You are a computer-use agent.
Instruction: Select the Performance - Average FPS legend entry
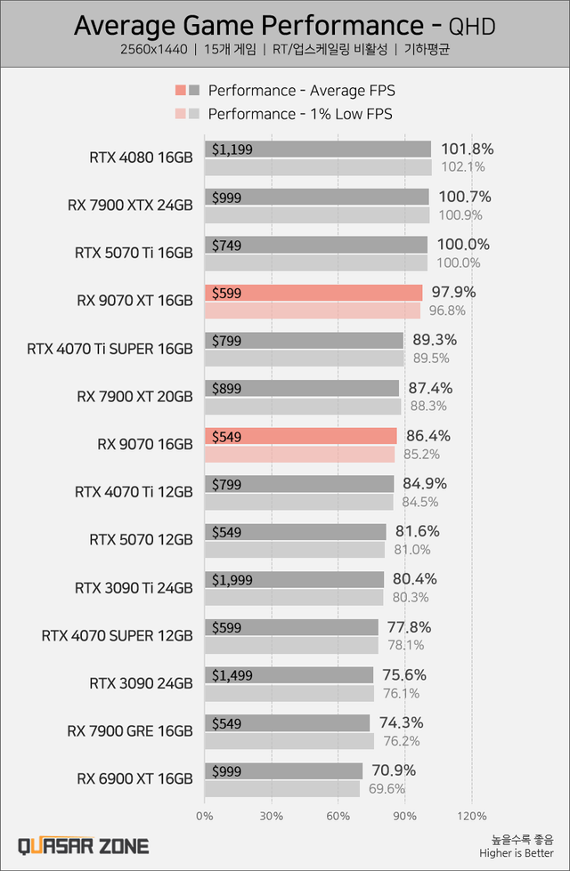pos(301,91)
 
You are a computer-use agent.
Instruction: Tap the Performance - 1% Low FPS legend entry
pos(299,114)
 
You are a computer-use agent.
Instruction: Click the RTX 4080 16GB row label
pos(141,158)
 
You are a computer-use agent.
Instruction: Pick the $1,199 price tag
pos(233,149)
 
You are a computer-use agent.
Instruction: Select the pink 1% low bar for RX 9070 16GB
pos(299,454)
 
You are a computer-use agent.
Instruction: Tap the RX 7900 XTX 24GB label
pos(130,206)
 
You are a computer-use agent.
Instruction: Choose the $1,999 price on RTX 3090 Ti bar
pos(233,580)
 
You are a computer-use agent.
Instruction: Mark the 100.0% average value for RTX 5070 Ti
pos(465,245)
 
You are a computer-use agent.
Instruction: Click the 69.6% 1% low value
pos(386,788)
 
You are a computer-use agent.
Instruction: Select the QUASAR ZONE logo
pos(84,846)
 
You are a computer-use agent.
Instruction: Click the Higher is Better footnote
pos(528,853)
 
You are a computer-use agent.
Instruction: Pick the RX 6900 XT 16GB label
pos(134,778)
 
